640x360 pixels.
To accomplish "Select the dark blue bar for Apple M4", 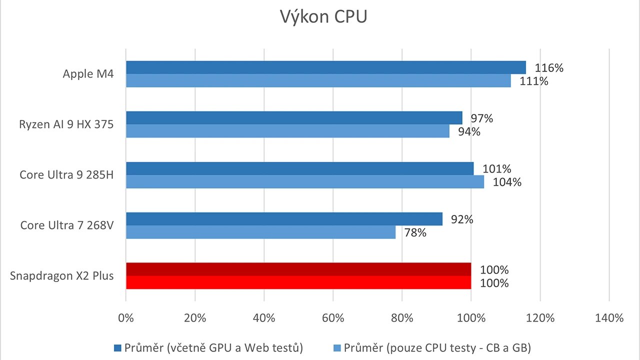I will (x=325, y=67).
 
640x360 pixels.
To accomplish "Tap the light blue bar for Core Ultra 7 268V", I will (x=260, y=232).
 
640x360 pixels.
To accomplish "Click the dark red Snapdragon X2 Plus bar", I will (x=298, y=269).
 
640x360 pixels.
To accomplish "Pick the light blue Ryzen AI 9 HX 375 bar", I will (x=287, y=131).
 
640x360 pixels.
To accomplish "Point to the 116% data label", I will (x=548, y=68).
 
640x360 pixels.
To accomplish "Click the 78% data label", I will (x=415, y=232).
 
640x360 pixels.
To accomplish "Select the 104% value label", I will (x=507, y=182).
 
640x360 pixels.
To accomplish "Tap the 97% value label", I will (x=481, y=118).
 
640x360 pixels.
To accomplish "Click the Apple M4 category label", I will (x=88, y=74).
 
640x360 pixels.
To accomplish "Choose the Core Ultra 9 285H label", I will (x=66, y=175).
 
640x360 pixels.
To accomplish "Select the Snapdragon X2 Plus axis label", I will (x=61, y=275).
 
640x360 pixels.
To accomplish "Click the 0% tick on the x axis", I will (x=126, y=318).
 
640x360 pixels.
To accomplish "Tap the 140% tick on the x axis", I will (x=608, y=318).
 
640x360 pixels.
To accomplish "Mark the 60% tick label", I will (x=333, y=318).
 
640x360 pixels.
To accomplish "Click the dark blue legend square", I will (x=118, y=347).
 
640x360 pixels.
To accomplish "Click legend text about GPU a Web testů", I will (x=213, y=347).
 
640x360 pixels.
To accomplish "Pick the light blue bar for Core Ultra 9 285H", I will (x=304, y=182).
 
